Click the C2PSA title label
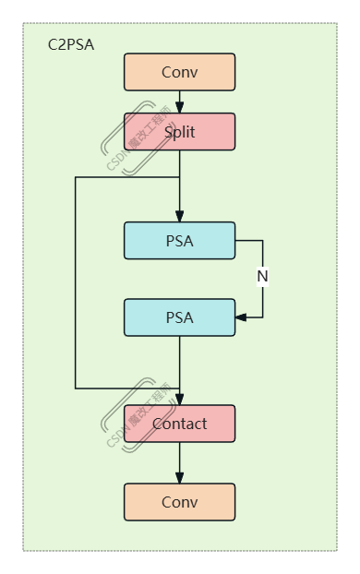pyautogui.click(x=70, y=44)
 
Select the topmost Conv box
pyautogui.click(x=179, y=72)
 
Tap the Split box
pyautogui.click(x=179, y=132)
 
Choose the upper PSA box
pyautogui.click(x=179, y=241)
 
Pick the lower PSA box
pyautogui.click(x=179, y=317)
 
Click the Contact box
pyautogui.click(x=179, y=424)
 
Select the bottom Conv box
pyautogui.click(x=179, y=502)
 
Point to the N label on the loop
pyautogui.click(x=262, y=276)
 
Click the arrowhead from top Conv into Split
pyautogui.click(x=179, y=107)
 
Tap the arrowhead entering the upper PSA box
pyautogui.click(x=179, y=216)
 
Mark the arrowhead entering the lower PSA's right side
pyautogui.click(x=241, y=317)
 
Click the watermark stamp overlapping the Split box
pyautogui.click(x=129, y=138)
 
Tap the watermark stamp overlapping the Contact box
pyautogui.click(x=129, y=415)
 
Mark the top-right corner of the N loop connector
pyautogui.click(x=262, y=241)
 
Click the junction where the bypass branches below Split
pyautogui.click(x=179, y=176)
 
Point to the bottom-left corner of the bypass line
pyautogui.click(x=76, y=388)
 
